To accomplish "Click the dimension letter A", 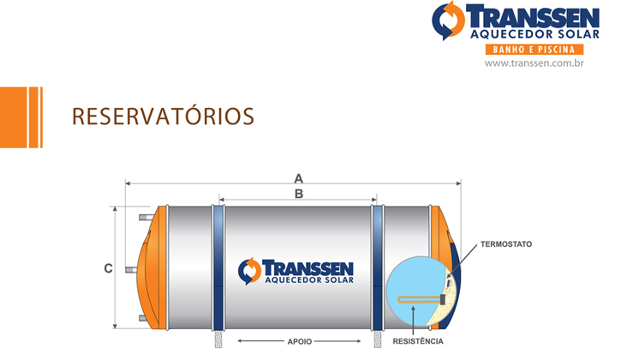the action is point(299,179).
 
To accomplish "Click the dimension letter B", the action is point(299,194).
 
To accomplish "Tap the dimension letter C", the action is point(108,268).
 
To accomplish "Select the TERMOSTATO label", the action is point(506,244).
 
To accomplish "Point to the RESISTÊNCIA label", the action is point(418,341).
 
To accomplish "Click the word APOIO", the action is point(300,341).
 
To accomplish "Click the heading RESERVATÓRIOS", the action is point(163,117).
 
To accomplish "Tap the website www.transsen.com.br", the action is point(534,63).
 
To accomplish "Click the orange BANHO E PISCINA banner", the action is point(534,50).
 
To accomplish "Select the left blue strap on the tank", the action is point(218,268).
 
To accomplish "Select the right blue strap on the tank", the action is point(378,268).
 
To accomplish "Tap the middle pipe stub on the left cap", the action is point(132,270).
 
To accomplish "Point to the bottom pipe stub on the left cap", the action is point(143,318).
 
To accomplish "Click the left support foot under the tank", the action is point(218,339).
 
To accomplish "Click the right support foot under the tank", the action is point(378,339).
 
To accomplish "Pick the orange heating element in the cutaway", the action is point(420,300).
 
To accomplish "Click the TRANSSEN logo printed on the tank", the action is point(296,271).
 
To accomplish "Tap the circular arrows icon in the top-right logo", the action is point(449,21).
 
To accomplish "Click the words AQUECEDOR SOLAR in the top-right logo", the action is point(535,34).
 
